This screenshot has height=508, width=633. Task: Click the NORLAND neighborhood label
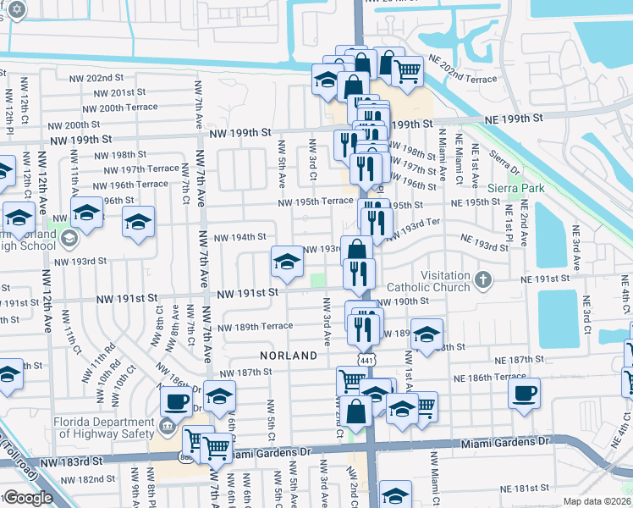click(x=288, y=356)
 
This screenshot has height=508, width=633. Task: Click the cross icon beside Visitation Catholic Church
click(x=483, y=279)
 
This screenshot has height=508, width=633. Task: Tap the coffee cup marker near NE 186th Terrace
click(x=524, y=394)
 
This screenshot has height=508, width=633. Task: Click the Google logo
click(x=27, y=498)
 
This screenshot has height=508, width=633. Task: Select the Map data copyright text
click(x=597, y=501)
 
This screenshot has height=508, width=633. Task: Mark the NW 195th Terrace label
click(x=316, y=201)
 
